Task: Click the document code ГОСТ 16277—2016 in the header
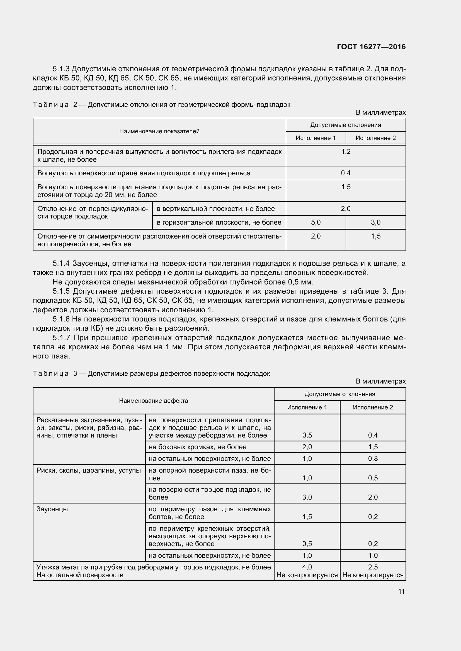pos(371,47)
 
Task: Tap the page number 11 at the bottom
pos(401,591)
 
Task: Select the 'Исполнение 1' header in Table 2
pos(316,138)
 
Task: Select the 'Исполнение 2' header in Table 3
pos(373,407)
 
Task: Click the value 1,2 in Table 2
pos(345,152)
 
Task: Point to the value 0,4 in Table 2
pos(345,173)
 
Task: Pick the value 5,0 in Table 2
pos(316,222)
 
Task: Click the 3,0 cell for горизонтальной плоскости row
pos(375,222)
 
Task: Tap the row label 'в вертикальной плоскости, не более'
pos(216,209)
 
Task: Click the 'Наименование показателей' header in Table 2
pos(159,131)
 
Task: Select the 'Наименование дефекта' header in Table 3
pos(153,401)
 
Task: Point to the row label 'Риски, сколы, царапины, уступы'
pos(89,470)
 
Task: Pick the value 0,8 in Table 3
pos(373,458)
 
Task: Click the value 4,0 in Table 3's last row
pos(307,567)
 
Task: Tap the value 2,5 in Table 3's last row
pos(373,567)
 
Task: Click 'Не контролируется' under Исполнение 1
pos(307,575)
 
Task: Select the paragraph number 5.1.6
pos(61,319)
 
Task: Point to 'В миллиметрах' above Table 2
pos(381,112)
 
